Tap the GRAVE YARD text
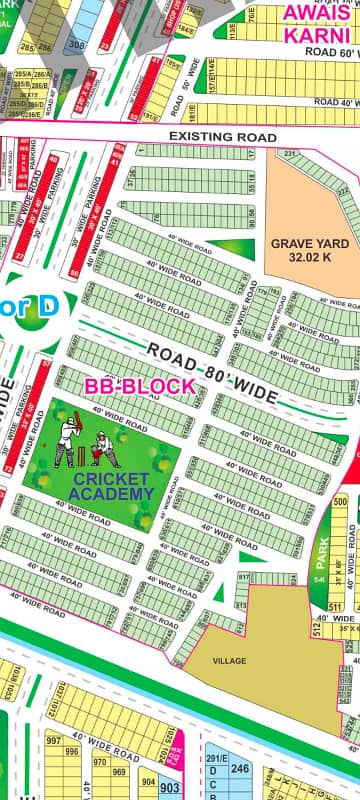(310, 243)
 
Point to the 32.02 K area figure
(310, 257)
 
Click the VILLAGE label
(229, 661)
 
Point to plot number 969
(120, 770)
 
